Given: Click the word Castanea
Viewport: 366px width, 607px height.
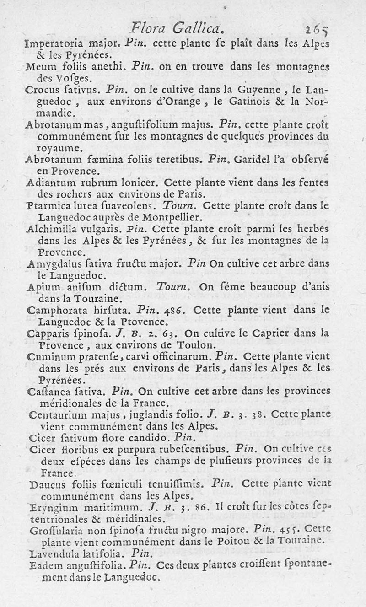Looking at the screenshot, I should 48,392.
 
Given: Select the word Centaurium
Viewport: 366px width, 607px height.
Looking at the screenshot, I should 57,415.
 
